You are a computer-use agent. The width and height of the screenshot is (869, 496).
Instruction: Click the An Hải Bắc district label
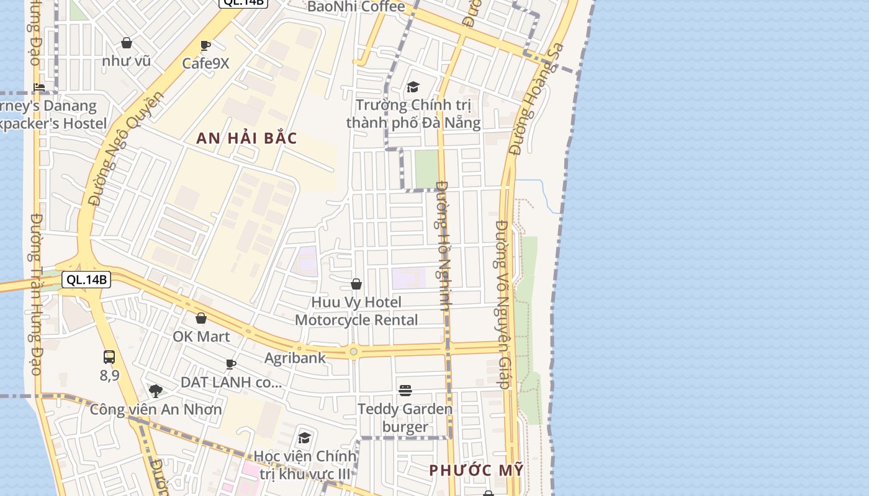pyautogui.click(x=246, y=138)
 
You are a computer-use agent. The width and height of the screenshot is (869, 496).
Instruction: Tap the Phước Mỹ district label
pyautogui.click(x=476, y=471)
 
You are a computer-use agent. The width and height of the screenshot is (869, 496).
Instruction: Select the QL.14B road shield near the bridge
pyautogui.click(x=87, y=280)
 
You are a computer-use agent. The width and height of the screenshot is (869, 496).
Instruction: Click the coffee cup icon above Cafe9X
pyautogui.click(x=205, y=45)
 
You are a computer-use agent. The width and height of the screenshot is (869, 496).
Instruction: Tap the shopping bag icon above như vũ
pyautogui.click(x=127, y=43)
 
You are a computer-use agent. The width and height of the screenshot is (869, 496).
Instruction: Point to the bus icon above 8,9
pyautogui.click(x=109, y=357)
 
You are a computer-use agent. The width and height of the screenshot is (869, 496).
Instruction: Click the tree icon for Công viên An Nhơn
pyautogui.click(x=156, y=391)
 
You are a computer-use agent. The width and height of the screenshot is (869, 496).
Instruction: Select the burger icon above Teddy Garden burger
pyautogui.click(x=405, y=390)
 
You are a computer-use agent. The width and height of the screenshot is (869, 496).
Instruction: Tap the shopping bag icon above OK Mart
pyautogui.click(x=201, y=318)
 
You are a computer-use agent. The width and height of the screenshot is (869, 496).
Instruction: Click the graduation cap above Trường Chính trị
pyautogui.click(x=413, y=87)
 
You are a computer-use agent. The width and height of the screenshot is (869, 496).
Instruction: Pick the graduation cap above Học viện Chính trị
pyautogui.click(x=304, y=438)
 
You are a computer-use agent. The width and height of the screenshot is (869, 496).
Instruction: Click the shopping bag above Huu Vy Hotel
pyautogui.click(x=356, y=284)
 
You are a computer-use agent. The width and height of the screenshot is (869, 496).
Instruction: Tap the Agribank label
pyautogui.click(x=295, y=358)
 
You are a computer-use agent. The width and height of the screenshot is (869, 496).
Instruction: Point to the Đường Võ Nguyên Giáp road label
pyautogui.click(x=503, y=304)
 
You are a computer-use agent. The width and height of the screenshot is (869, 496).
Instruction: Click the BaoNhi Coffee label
pyautogui.click(x=356, y=7)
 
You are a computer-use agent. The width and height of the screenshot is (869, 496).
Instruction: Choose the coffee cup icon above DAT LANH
pyautogui.click(x=231, y=364)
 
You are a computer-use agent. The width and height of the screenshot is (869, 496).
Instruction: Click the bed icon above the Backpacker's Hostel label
pyautogui.click(x=40, y=87)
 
